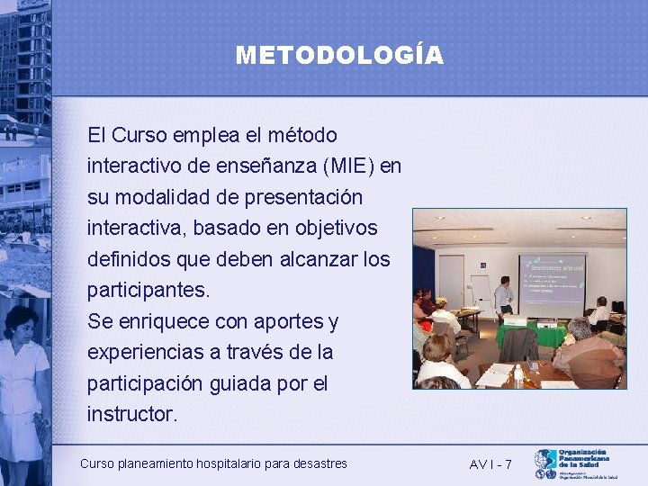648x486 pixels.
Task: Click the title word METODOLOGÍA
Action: pos(339,56)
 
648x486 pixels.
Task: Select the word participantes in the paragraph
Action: pos(147,290)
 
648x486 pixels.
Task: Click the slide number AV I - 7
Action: pos(490,463)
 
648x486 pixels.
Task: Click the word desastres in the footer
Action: pos(318,463)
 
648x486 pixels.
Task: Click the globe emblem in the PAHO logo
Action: pos(544,460)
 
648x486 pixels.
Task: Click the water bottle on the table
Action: pos(518,373)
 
